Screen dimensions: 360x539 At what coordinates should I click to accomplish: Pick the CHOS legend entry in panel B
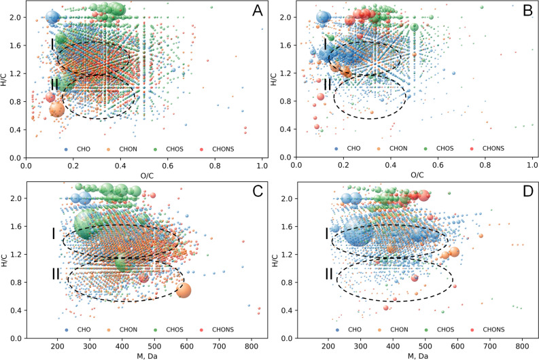[x=440, y=145]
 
